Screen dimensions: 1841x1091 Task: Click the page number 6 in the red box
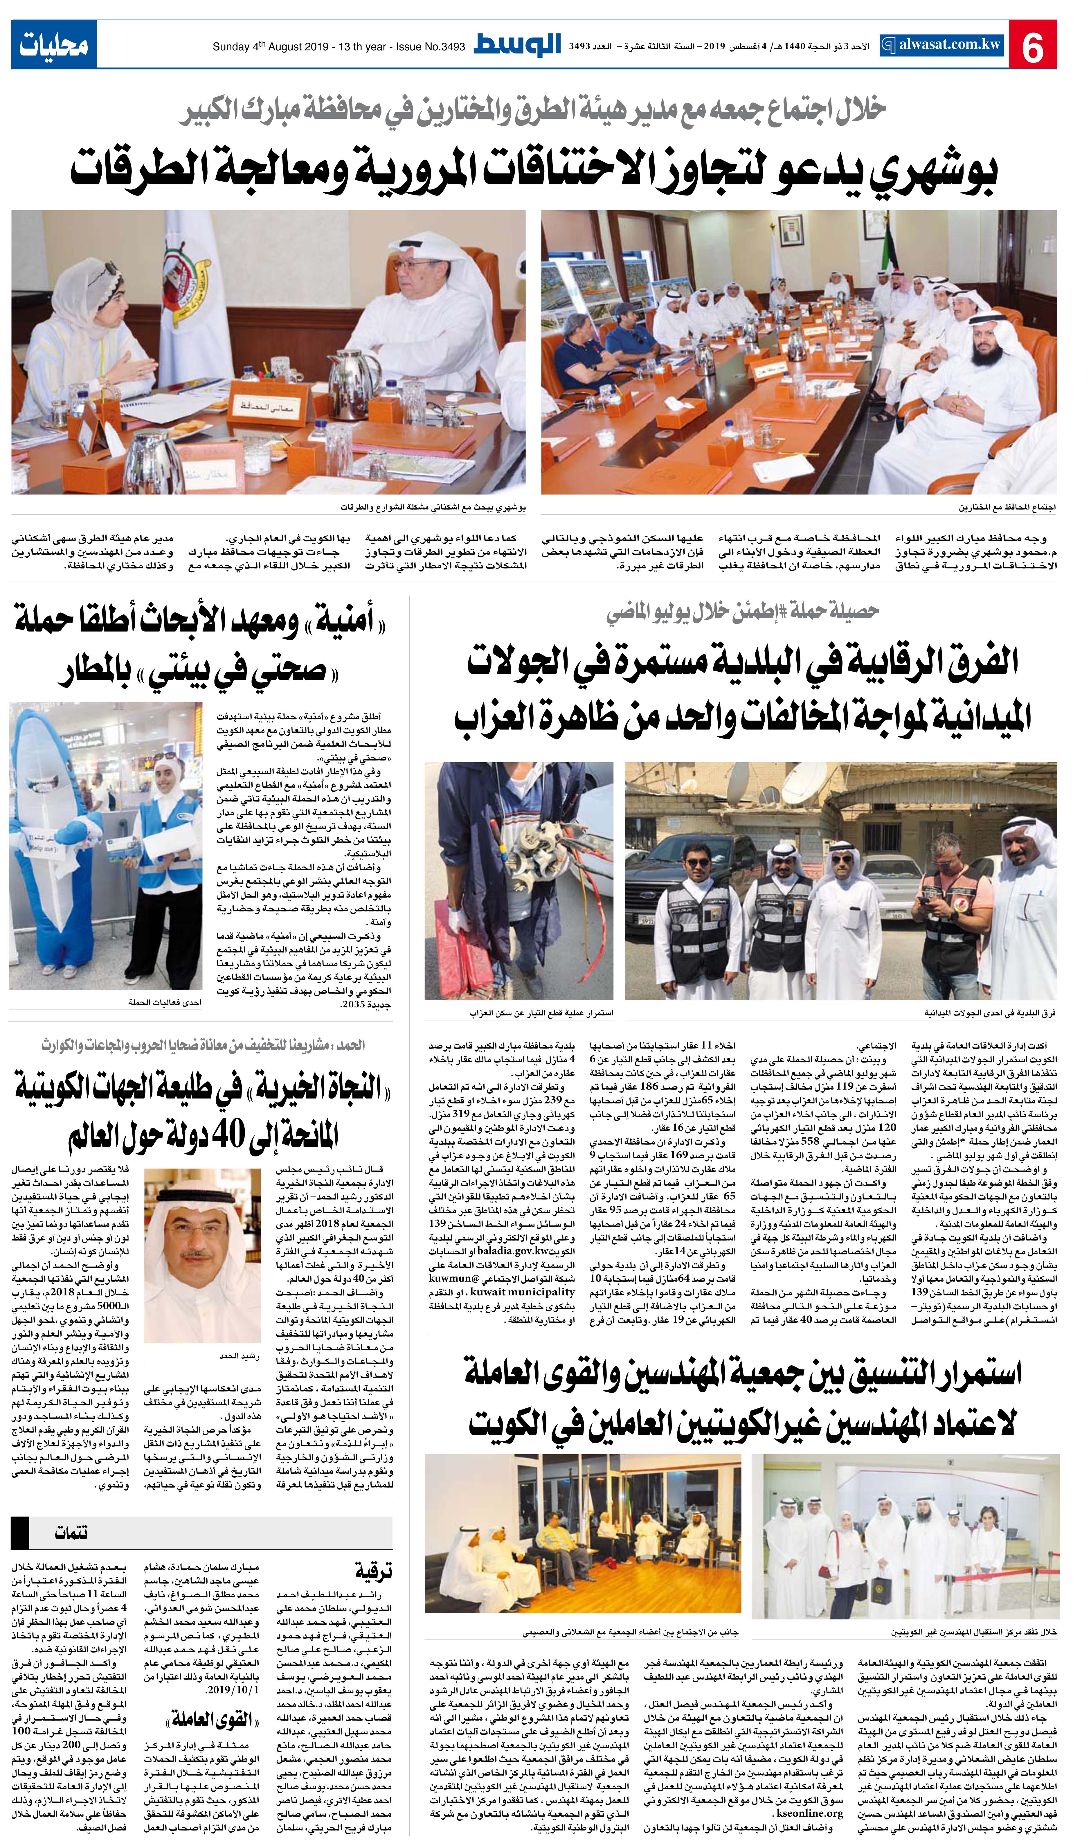tap(1034, 47)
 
